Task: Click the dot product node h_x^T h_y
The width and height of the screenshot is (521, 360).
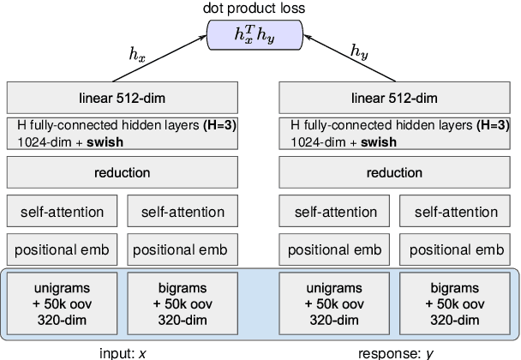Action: point(257,35)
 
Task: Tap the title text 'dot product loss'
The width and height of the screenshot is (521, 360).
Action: point(256,9)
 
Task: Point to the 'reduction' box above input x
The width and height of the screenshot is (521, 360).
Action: point(123,173)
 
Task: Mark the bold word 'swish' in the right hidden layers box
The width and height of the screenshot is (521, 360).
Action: point(377,142)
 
